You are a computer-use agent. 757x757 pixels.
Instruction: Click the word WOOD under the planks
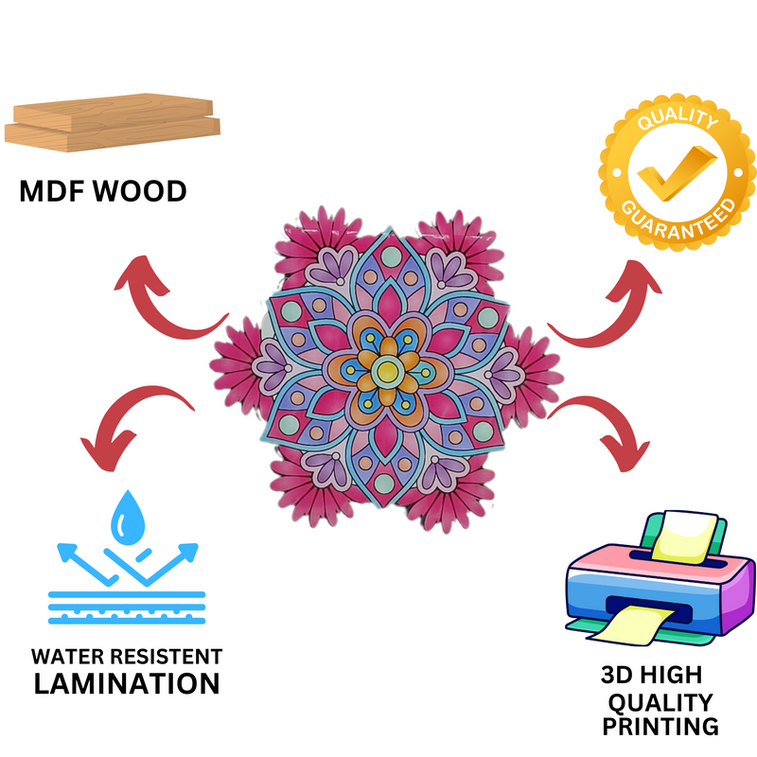point(138,191)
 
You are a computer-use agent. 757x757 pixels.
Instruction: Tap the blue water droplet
point(126,517)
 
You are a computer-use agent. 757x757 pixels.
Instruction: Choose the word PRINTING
point(660,726)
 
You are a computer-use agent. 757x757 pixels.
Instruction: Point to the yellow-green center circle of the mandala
point(386,372)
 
